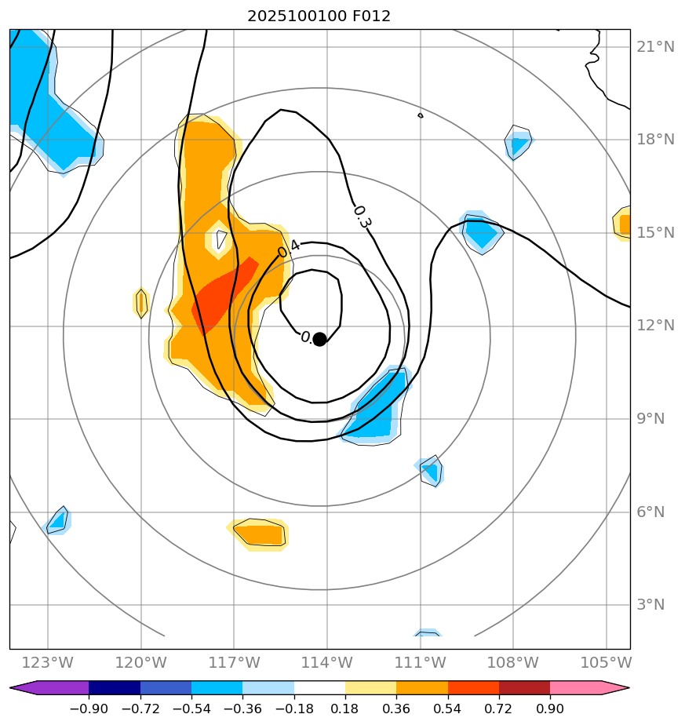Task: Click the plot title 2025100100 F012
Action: point(319,16)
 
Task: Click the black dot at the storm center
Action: point(319,339)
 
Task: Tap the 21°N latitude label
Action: point(655,47)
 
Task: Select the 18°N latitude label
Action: point(655,140)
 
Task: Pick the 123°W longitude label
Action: point(49,662)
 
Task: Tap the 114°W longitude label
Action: point(327,662)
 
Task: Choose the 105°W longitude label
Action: point(607,662)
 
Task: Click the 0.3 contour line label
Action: point(362,217)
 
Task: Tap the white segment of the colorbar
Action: point(319,688)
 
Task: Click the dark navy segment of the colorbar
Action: point(115,688)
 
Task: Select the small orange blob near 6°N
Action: point(260,534)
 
